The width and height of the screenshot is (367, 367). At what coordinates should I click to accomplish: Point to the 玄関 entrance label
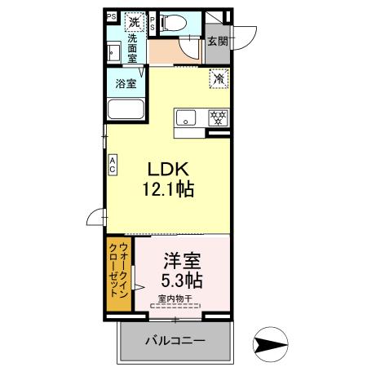coord(216,41)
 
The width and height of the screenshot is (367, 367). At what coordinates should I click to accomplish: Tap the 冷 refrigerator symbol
coord(218,80)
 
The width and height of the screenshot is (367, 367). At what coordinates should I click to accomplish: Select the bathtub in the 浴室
coord(126,109)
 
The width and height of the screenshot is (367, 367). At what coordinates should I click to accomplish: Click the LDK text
coord(168,169)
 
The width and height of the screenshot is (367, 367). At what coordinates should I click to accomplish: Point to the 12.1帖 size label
coord(168,190)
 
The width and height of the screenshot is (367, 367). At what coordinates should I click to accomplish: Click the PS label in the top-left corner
coord(111,15)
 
